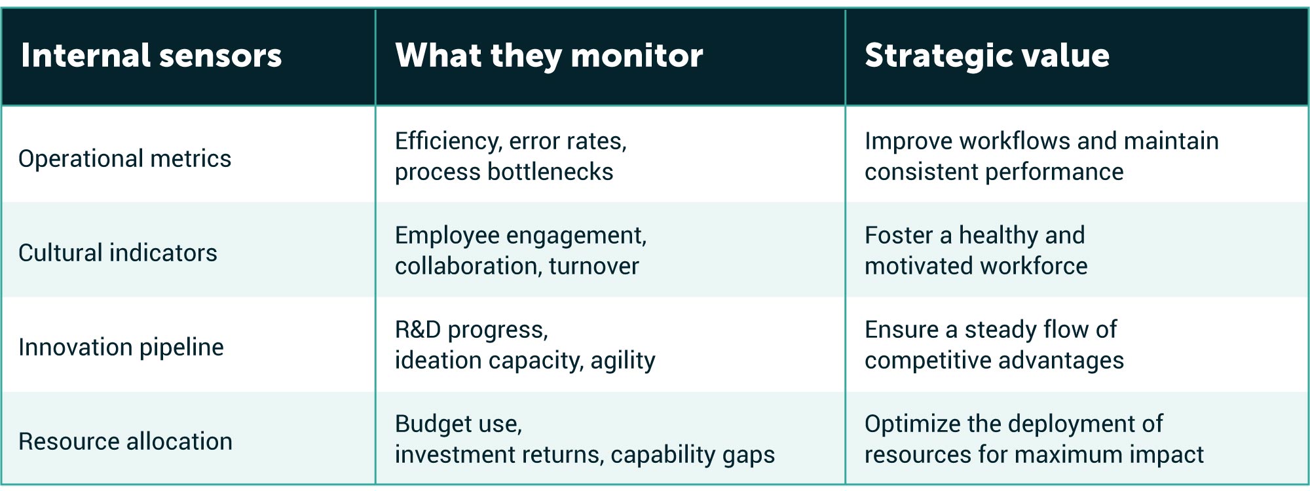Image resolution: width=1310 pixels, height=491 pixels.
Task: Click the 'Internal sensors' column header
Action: pyautogui.click(x=151, y=56)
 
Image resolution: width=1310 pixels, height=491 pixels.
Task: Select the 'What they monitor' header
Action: pyautogui.click(x=549, y=56)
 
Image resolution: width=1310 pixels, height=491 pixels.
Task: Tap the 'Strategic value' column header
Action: pyautogui.click(x=987, y=56)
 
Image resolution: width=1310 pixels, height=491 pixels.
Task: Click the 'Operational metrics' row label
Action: pyautogui.click(x=124, y=158)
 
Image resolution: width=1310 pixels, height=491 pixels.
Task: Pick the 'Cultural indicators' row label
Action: pyautogui.click(x=118, y=253)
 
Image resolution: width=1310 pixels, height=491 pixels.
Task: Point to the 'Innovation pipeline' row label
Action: pyautogui.click(x=121, y=347)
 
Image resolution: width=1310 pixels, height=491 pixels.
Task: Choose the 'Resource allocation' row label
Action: pyautogui.click(x=125, y=441)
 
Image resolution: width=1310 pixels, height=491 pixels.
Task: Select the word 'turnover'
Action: pyautogui.click(x=594, y=266)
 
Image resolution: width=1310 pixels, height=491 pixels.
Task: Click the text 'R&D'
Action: pyautogui.click(x=418, y=329)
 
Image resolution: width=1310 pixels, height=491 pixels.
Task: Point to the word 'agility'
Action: pyautogui.click(x=623, y=360)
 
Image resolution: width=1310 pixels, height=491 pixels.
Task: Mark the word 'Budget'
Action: pyautogui.click(x=432, y=424)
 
